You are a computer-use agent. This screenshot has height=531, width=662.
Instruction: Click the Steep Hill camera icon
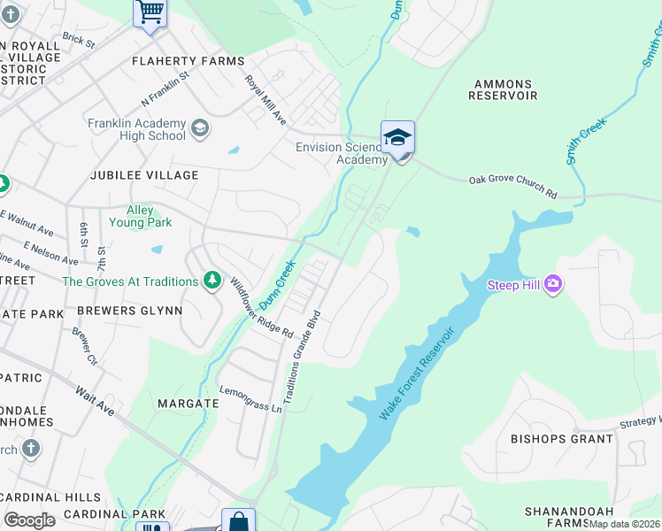click(553, 284)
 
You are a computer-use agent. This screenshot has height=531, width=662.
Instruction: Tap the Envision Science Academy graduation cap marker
click(398, 138)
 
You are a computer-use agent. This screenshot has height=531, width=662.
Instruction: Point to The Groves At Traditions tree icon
click(212, 281)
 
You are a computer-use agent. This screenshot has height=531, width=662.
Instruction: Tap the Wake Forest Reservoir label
click(417, 374)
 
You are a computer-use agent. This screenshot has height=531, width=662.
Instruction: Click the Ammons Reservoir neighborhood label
click(505, 88)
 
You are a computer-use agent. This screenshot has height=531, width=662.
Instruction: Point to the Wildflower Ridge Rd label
click(261, 307)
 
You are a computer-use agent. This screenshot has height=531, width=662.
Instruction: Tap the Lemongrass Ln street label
click(251, 399)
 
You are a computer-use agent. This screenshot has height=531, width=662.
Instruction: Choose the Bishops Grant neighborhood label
click(562, 438)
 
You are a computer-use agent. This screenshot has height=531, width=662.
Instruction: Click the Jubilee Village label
click(144, 175)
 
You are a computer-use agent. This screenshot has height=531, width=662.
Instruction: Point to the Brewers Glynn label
click(129, 311)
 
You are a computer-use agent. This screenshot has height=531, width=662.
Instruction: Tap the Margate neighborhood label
click(188, 403)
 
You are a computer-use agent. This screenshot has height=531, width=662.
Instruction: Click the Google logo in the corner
click(29, 519)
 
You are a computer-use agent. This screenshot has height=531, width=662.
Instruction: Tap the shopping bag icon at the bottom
click(238, 521)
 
